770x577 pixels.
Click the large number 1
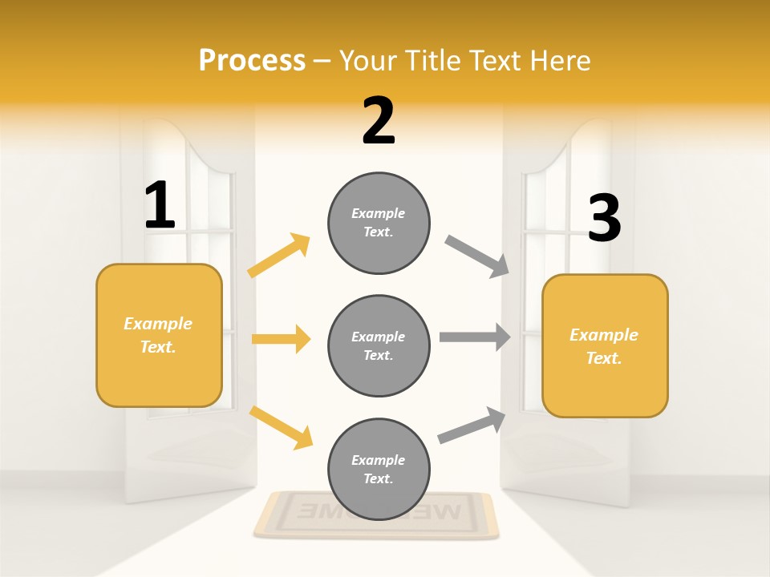tap(160, 206)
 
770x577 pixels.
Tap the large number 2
tap(379, 121)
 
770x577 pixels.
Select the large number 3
tap(604, 219)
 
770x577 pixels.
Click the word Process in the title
tap(252, 60)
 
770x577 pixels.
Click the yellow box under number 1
tap(159, 335)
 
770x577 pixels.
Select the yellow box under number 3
tap(605, 345)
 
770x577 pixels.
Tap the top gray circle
tap(379, 223)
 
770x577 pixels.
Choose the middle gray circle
tap(379, 345)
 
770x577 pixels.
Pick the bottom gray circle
tap(379, 469)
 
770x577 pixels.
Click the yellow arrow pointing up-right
tap(279, 255)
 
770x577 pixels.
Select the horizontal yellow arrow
tap(281, 339)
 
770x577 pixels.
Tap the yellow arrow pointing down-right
tap(281, 426)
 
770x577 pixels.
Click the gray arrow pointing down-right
tap(478, 256)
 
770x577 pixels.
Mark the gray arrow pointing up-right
tap(472, 425)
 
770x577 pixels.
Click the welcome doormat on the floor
tap(375, 514)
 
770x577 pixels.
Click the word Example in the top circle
tap(378, 213)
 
